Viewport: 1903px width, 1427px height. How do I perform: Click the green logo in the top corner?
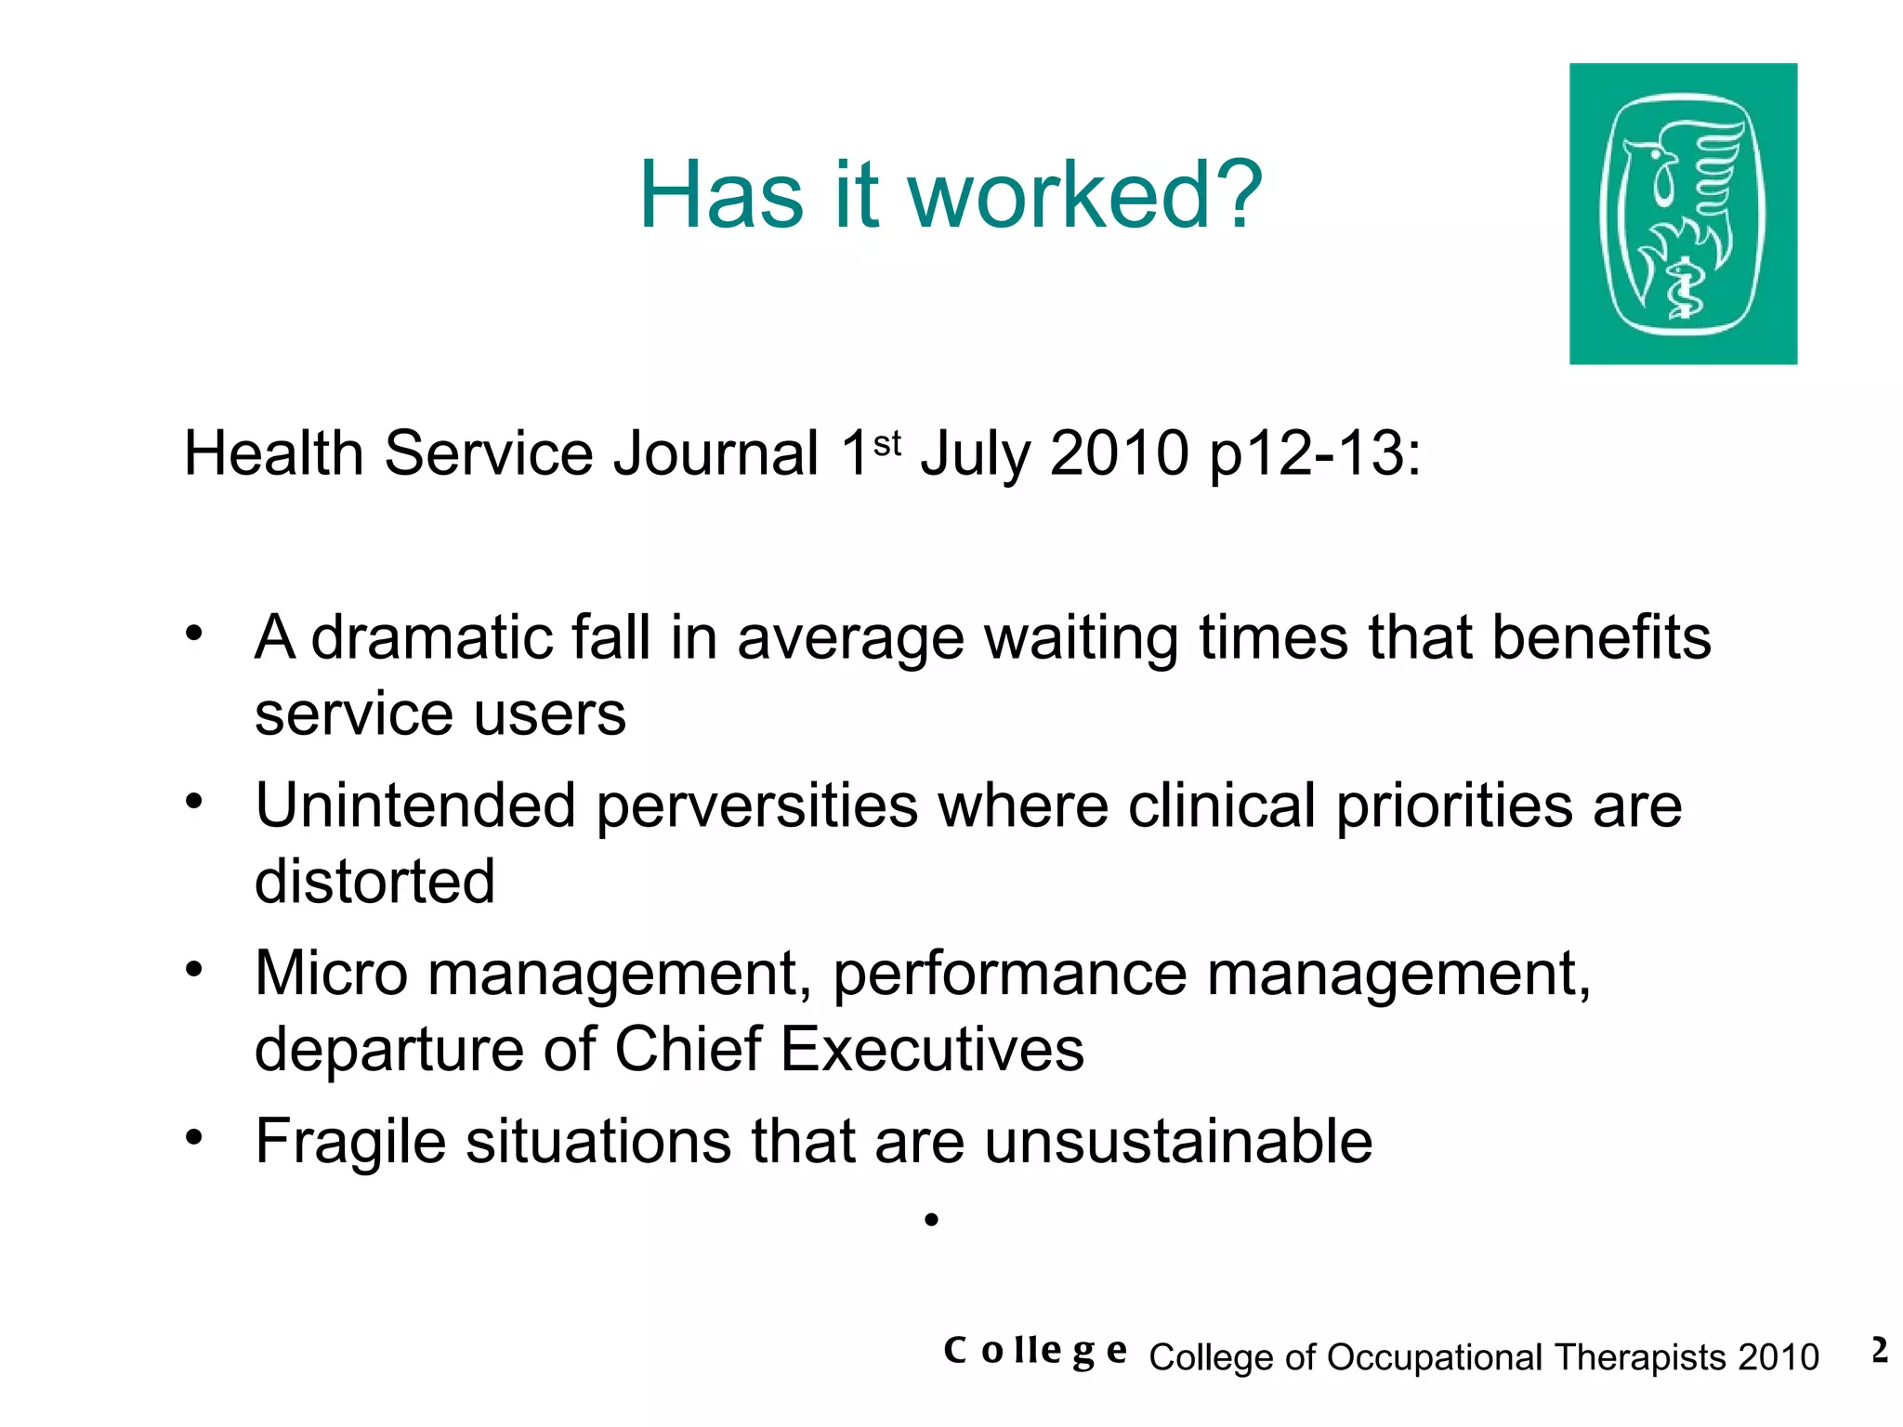(x=1682, y=214)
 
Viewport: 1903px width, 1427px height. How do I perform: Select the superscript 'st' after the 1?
(x=887, y=443)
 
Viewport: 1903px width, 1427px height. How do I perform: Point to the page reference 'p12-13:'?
(x=1315, y=454)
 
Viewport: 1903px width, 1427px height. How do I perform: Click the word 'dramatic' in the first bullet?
(x=431, y=638)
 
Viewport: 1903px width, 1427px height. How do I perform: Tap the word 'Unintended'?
(x=415, y=805)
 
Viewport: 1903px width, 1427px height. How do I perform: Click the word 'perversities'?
(x=756, y=805)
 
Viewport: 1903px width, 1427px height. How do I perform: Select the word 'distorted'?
(x=374, y=882)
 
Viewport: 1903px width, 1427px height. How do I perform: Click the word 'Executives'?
(x=931, y=1050)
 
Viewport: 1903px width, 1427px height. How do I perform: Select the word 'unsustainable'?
(x=1177, y=1142)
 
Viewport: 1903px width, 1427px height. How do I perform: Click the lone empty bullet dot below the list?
(x=931, y=1220)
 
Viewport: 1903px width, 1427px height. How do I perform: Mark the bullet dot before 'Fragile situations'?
(x=193, y=1137)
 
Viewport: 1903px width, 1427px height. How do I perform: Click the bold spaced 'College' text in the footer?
(x=1034, y=1351)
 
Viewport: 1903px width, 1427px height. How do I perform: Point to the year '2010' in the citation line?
(x=1119, y=454)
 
